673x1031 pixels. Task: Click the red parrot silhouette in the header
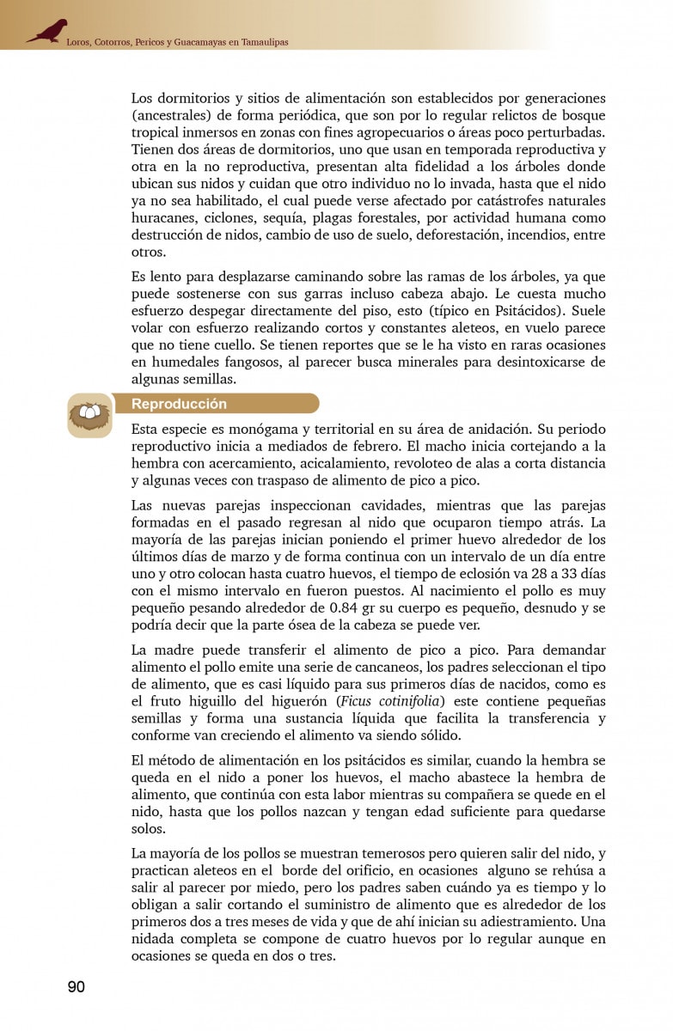pos(46,32)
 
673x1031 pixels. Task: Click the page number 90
pos(76,986)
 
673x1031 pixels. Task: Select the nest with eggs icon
pos(89,416)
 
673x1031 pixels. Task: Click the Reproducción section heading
pos(179,404)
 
